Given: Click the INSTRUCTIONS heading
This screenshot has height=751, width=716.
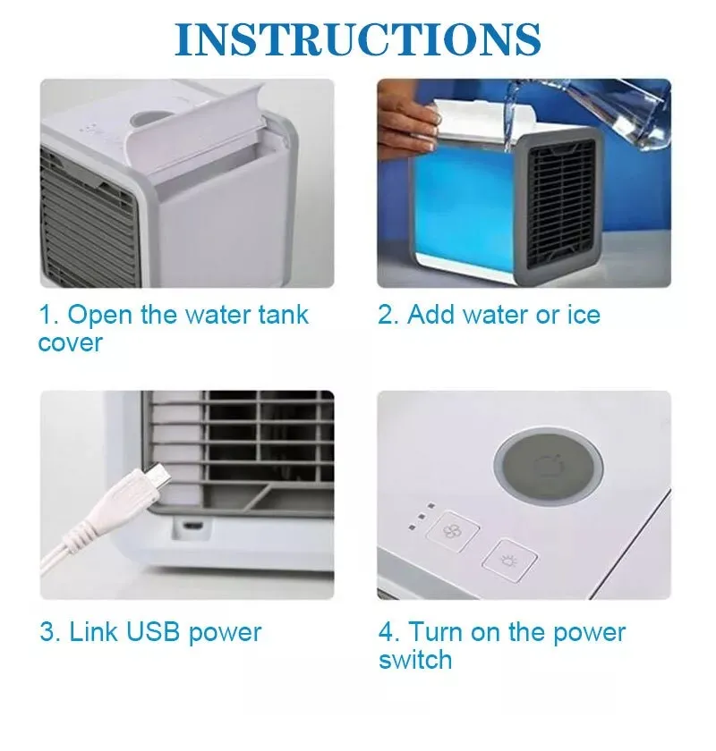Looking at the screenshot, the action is [x=358, y=39].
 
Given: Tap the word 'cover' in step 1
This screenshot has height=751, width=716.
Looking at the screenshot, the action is [x=71, y=343].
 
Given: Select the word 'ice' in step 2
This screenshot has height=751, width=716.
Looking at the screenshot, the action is [x=584, y=315].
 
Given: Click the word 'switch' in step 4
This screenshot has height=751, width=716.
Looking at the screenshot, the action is [x=415, y=660].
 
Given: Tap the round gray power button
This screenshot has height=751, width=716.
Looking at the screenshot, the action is [x=549, y=467].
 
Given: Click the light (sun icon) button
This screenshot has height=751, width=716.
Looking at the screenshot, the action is [x=509, y=561].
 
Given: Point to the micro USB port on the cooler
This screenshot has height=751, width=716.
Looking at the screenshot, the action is [x=192, y=527].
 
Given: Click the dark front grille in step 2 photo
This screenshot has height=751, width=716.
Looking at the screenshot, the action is [x=561, y=204].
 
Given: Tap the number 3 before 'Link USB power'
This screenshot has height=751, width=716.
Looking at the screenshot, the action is [x=47, y=632].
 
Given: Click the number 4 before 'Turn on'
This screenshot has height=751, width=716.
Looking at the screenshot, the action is [x=386, y=632].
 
